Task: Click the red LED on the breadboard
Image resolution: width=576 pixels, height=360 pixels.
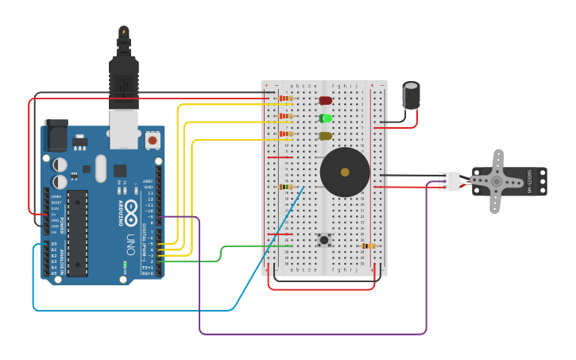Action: pyautogui.click(x=326, y=100)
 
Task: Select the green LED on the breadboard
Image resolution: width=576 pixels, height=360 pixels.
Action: pyautogui.click(x=326, y=118)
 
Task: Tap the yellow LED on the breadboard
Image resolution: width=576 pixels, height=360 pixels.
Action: pyautogui.click(x=326, y=136)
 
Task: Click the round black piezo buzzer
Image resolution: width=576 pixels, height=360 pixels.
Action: pyautogui.click(x=345, y=172)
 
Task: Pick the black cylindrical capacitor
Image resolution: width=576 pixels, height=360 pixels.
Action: pyautogui.click(x=411, y=95)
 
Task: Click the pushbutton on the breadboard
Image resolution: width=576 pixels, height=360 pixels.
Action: pyautogui.click(x=323, y=238)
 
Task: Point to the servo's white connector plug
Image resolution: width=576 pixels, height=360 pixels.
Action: pyautogui.click(x=450, y=181)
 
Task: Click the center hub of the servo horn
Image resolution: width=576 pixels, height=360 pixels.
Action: pyautogui.click(x=497, y=181)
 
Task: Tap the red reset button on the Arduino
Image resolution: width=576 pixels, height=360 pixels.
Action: pyautogui.click(x=153, y=141)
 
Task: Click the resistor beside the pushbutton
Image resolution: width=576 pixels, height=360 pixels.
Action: pyautogui.click(x=368, y=246)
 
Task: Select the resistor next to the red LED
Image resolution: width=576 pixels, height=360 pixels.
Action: pyautogui.click(x=286, y=99)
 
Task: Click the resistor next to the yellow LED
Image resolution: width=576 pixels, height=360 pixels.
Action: pyautogui.click(x=286, y=134)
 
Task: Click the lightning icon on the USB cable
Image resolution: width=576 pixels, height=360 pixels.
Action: pyautogui.click(x=124, y=33)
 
